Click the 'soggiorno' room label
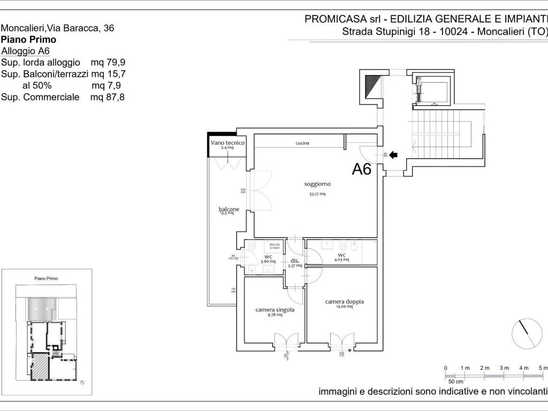coord(317,184)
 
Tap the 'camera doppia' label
coord(344,302)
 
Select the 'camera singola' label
coord(275,309)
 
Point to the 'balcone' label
coord(229,209)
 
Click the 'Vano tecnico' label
coord(227,143)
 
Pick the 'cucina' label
coord(302,143)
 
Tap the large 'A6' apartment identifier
coord(362,169)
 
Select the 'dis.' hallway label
coord(295,261)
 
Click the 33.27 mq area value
coord(317,194)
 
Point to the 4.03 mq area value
coord(342,260)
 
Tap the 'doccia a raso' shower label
coord(275,246)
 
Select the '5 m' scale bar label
coord(543,368)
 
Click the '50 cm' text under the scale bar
coord(456,381)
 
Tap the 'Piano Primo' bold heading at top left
coord(29,40)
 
